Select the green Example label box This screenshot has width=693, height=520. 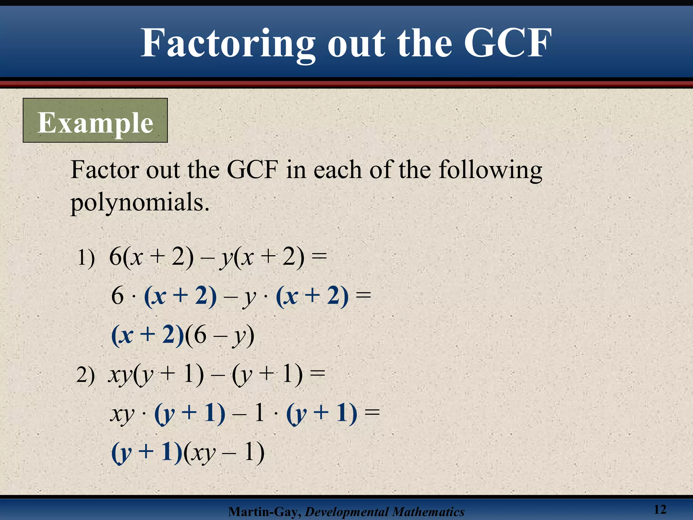coord(95,121)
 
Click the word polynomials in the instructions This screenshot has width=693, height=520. coord(140,202)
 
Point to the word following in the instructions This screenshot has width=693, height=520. coord(490,170)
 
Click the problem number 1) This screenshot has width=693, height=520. coord(86,258)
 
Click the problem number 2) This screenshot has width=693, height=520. coord(85,375)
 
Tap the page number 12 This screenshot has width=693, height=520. coord(660,509)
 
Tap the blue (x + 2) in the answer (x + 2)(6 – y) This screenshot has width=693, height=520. coord(148,335)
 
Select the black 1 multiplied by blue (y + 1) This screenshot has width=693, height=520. coord(260,413)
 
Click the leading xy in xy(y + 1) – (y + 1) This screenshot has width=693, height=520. coord(120,375)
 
